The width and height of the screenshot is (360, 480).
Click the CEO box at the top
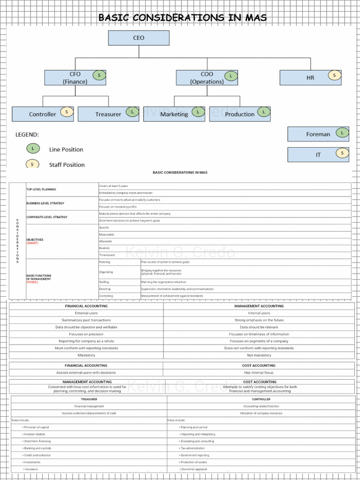click(139, 38)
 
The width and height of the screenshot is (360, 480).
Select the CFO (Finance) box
click(75, 78)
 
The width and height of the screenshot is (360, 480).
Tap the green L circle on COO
click(231, 75)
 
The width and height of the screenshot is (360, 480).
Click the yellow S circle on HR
click(334, 75)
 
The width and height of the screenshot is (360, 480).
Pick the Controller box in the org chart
click(42, 114)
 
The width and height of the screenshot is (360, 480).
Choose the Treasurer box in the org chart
click(108, 114)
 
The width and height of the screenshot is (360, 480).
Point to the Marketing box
click(174, 114)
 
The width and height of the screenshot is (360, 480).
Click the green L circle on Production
click(264, 112)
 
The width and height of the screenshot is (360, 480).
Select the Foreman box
click(318, 134)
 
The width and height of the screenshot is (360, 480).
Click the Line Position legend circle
click(33, 149)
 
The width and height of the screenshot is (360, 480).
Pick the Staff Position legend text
click(67, 165)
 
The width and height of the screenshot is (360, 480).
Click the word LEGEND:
click(27, 135)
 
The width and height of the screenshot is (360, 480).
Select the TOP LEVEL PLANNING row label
click(41, 189)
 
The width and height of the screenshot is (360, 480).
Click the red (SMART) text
click(32, 243)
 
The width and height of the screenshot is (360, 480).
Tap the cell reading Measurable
click(106, 234)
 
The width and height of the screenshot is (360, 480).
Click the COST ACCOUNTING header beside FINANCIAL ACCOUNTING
click(259, 366)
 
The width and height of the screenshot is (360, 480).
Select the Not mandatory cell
click(259, 355)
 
